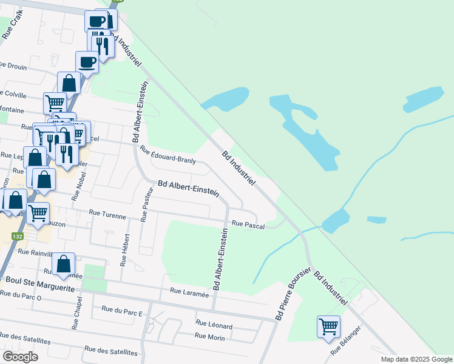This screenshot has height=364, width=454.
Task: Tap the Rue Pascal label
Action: click(248, 224)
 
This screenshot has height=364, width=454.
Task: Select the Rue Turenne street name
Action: click(107, 215)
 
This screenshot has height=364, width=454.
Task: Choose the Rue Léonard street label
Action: click(214, 325)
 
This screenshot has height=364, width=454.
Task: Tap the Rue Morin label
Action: click(210, 335)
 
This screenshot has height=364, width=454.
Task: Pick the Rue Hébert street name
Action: click(124, 250)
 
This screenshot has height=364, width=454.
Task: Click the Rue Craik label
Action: click(13, 28)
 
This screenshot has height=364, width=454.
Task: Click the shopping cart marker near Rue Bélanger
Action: click(328, 326)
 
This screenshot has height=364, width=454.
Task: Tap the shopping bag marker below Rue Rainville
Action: click(63, 264)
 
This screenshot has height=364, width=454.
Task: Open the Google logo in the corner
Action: click(20, 357)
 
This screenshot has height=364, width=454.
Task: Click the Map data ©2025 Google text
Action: click(416, 359)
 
